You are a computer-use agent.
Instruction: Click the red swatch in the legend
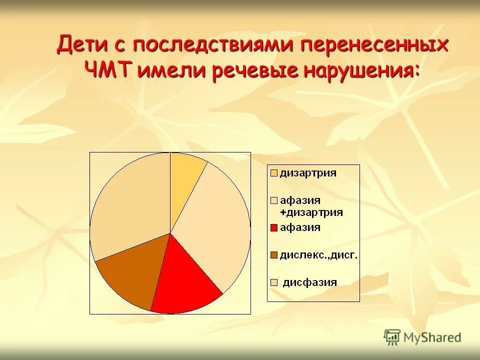coord(273,228)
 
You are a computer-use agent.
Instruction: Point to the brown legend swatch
coord(273,255)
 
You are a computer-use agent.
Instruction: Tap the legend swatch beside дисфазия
coord(273,282)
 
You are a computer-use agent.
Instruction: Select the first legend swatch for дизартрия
coord(273,173)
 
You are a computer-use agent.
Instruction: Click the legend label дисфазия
coord(310,282)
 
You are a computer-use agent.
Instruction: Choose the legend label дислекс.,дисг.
coord(318,255)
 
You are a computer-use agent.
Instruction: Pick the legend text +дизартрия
coord(311,212)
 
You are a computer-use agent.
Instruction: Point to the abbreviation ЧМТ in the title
coord(108,70)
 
